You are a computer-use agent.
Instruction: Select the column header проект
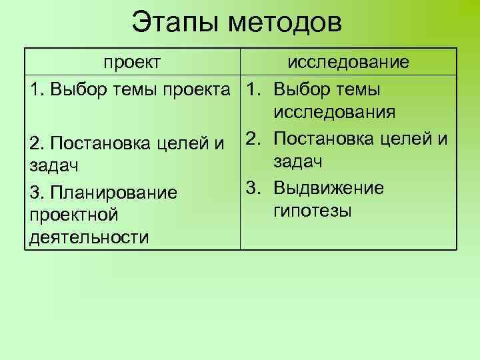click(x=131, y=63)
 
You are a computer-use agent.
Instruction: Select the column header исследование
click(x=347, y=63)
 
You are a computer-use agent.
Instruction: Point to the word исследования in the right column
click(x=334, y=112)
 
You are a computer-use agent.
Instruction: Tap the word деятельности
click(x=87, y=238)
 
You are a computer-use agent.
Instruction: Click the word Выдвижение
click(x=329, y=188)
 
